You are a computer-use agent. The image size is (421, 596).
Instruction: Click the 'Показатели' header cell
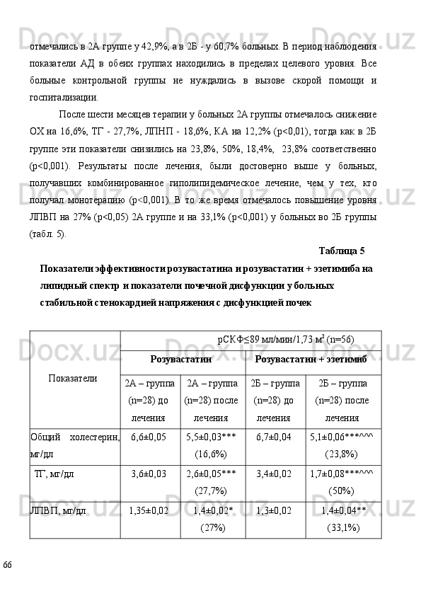pyautogui.click(x=74, y=378)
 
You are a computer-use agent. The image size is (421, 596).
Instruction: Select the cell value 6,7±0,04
pyautogui.click(x=275, y=437)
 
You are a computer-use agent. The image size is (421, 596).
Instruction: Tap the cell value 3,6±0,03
pyautogui.click(x=149, y=474)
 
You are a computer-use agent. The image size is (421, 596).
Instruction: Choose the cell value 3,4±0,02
pyautogui.click(x=275, y=474)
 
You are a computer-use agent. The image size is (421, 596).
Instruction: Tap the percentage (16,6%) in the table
pyautogui.click(x=211, y=454)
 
